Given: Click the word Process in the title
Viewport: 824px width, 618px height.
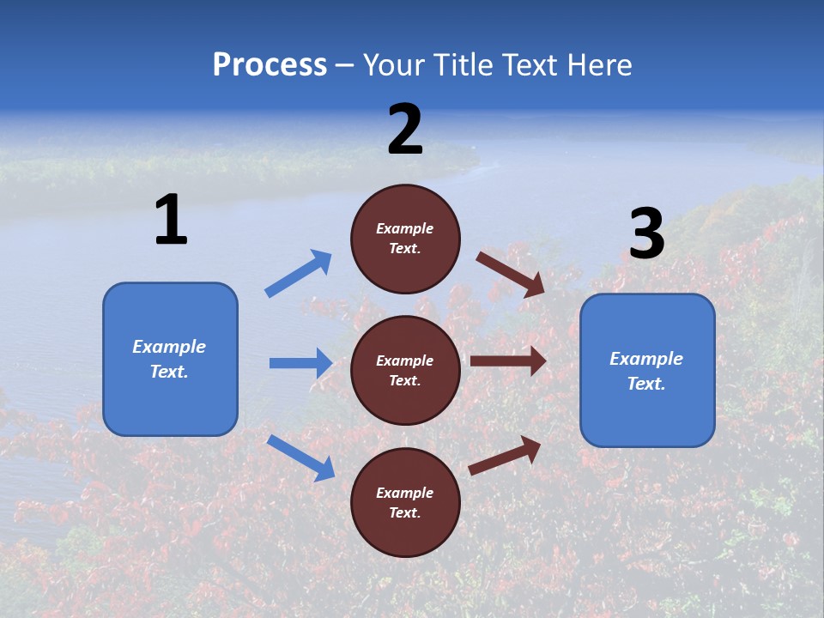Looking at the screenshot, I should pyautogui.click(x=270, y=65).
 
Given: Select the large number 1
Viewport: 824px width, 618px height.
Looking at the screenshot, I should pyautogui.click(x=171, y=221).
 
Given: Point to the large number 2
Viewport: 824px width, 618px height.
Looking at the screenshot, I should pyautogui.click(x=405, y=130).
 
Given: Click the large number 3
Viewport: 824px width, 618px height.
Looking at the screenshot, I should pyautogui.click(x=646, y=234).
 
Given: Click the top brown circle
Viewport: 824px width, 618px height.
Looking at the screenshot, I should pyautogui.click(x=405, y=239).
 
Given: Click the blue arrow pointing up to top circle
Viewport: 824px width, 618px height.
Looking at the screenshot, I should pyautogui.click(x=299, y=274).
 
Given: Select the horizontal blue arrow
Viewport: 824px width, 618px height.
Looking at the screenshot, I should pyautogui.click(x=300, y=363).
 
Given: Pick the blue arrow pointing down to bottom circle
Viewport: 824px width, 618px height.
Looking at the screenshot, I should pyautogui.click(x=301, y=457).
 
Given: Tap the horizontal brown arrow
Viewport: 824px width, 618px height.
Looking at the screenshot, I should pyautogui.click(x=508, y=361).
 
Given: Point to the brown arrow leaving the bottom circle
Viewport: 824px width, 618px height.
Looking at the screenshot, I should pyautogui.click(x=506, y=456).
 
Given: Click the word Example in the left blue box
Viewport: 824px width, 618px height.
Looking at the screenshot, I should pyautogui.click(x=169, y=347).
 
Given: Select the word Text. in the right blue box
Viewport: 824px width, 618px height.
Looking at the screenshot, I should pyautogui.click(x=646, y=384).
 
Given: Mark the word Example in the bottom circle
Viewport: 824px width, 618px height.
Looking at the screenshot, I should pyautogui.click(x=405, y=493).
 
